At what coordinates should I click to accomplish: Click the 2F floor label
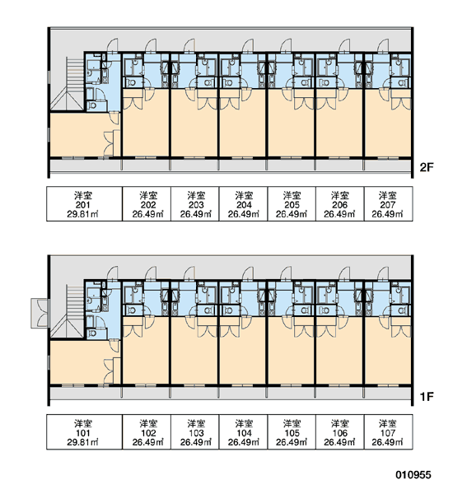click(426, 167)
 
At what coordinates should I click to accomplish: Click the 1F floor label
click(426, 396)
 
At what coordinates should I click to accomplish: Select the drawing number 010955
click(413, 474)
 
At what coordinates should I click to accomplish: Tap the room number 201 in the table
click(83, 205)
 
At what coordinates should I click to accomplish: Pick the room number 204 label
click(244, 205)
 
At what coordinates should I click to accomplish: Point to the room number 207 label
click(387, 205)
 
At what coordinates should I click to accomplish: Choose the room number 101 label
click(83, 433)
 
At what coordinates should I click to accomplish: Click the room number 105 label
click(292, 433)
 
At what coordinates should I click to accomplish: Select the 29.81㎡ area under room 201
click(82, 214)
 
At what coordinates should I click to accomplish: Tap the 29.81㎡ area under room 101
click(82, 442)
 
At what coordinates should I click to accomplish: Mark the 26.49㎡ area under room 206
click(339, 214)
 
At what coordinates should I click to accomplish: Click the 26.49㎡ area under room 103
click(196, 442)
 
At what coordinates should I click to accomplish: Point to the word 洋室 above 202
click(148, 195)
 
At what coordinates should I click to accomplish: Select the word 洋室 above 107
click(387, 423)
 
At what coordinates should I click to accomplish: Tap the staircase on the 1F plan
click(68, 311)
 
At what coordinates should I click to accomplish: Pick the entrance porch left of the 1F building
click(40, 314)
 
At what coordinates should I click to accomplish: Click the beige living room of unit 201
click(79, 134)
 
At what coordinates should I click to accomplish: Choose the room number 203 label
click(196, 205)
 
